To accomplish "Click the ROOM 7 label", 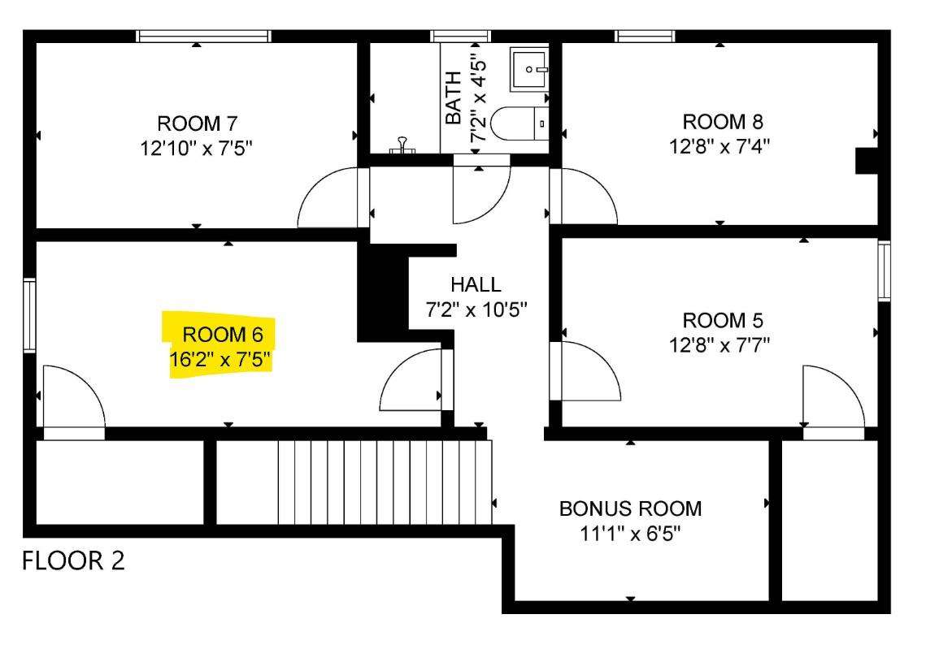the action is tap(198, 124).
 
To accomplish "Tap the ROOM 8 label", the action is tap(723, 122).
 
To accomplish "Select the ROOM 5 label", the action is tap(723, 320).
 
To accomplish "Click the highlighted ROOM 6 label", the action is tap(223, 335).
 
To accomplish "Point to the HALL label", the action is tap(476, 284).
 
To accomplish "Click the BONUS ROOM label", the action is tap(631, 508).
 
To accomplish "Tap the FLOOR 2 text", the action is tap(74, 560).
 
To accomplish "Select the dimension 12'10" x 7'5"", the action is tap(197, 148).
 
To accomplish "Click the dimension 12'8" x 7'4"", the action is tap(719, 145).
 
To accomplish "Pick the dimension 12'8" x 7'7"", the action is tap(719, 344).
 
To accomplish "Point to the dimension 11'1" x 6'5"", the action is tap(631, 534).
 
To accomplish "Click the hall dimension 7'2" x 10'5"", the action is tap(476, 309).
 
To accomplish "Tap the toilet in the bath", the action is tap(520, 123).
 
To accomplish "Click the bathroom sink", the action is tap(529, 69).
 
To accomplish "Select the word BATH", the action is tap(453, 97).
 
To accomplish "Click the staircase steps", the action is tap(385, 482).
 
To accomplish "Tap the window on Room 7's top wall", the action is tap(204, 36).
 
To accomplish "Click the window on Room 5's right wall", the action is tap(884, 270).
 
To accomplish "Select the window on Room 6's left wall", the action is tap(29, 316).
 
